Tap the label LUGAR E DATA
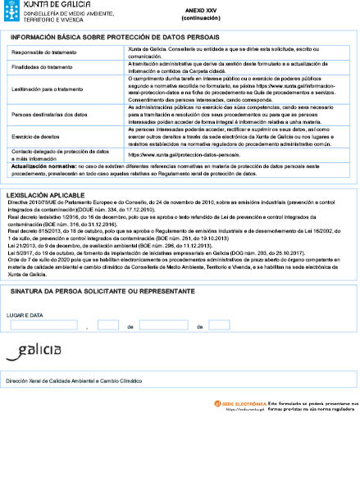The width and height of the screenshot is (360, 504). pos(25,314)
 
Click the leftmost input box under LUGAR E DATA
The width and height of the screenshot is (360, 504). pos(45,325)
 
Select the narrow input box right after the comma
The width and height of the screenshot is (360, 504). pos(108,325)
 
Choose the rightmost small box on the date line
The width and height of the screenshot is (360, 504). pos(219,325)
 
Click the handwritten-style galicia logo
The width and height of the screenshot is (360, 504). pos(33,352)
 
